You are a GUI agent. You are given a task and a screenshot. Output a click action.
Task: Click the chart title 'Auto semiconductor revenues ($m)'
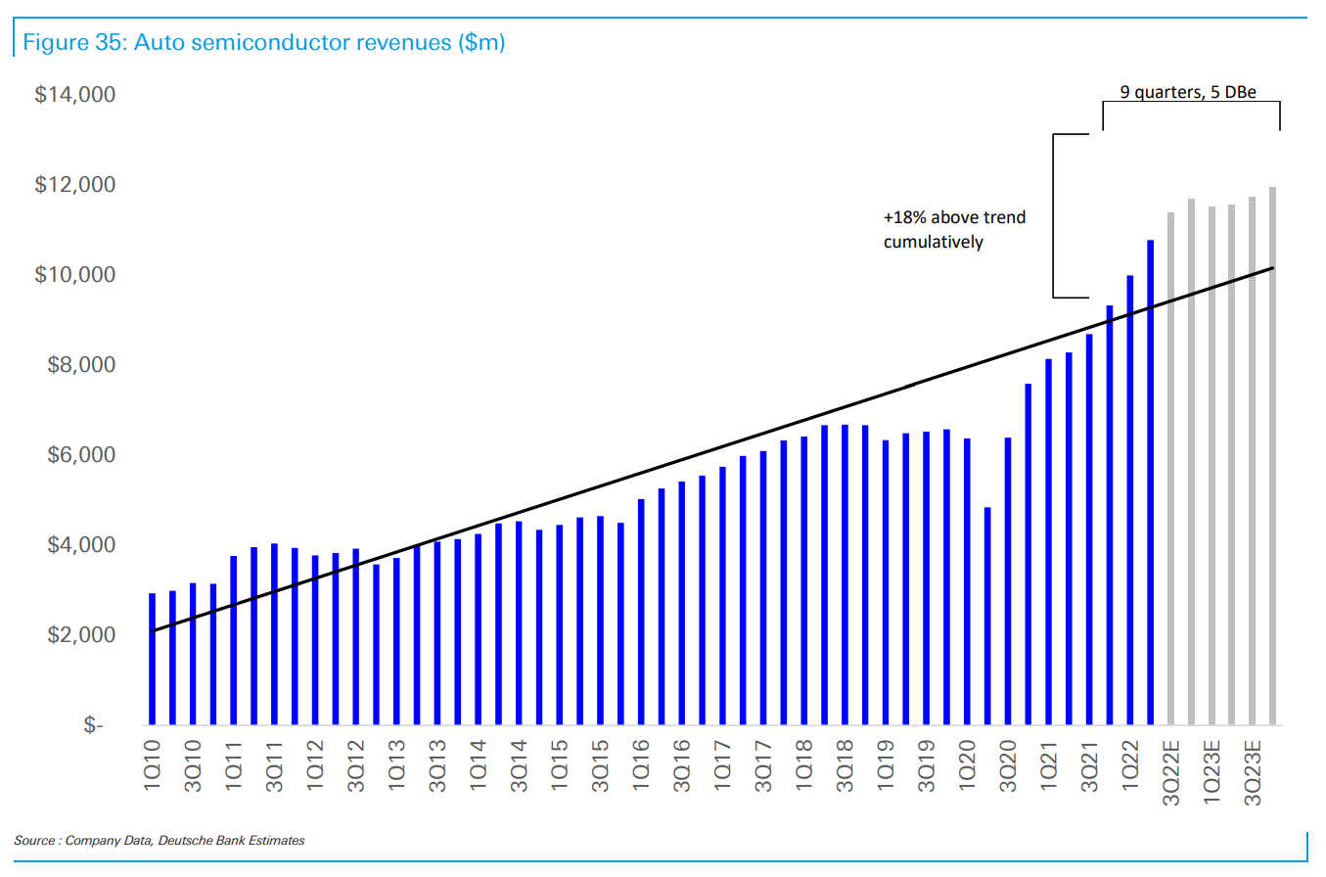[x=262, y=43]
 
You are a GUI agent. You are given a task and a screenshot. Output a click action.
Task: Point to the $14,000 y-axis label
[x=74, y=95]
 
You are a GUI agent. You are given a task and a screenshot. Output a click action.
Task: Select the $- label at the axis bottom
[x=93, y=725]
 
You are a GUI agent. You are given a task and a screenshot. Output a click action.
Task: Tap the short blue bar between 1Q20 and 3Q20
[x=987, y=616]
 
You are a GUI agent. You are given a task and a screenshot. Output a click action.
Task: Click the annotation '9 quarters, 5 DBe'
[x=1187, y=92]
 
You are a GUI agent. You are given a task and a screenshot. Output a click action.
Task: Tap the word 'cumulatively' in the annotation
[x=933, y=242]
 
